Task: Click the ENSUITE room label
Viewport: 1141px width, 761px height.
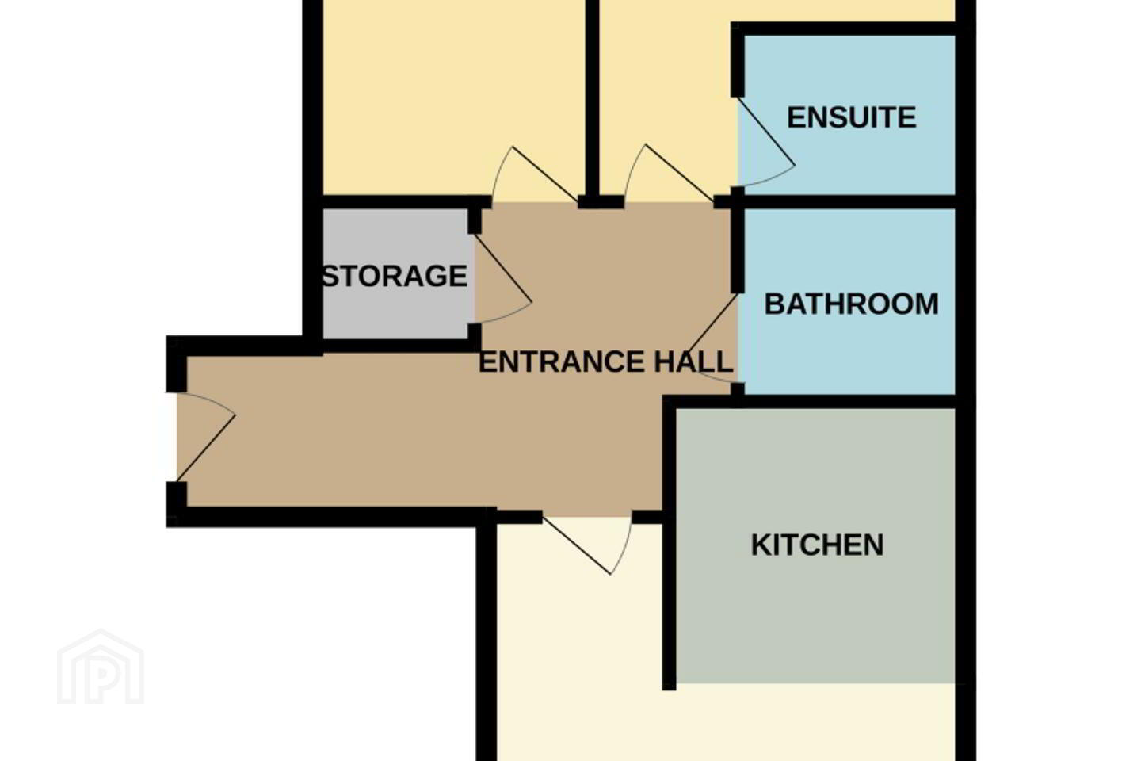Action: (852, 118)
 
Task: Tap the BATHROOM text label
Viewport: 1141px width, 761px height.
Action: (851, 304)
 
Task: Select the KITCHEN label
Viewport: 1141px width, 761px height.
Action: (817, 545)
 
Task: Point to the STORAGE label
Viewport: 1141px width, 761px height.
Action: (395, 277)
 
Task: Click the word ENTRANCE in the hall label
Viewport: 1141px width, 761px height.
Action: (562, 362)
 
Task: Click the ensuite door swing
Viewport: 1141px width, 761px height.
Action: (766, 142)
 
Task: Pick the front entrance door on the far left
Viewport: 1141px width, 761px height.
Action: (206, 438)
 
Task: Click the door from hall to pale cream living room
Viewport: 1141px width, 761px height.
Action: (587, 545)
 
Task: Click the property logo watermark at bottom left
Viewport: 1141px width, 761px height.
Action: (101, 667)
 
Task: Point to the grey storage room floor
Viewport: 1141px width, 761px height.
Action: (395, 311)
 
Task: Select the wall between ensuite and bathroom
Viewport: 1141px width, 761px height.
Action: (849, 202)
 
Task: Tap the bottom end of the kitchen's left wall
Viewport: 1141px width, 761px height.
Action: (669, 689)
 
